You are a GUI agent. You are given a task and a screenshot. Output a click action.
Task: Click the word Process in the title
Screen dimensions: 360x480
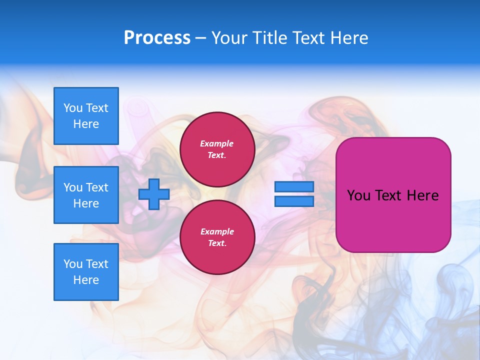tap(157, 38)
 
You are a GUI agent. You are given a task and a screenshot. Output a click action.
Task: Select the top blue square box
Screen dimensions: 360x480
tap(86, 116)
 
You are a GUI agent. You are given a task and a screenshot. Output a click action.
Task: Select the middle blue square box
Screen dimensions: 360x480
tap(86, 195)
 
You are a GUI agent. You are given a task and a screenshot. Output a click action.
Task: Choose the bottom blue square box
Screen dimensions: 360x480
tap(86, 272)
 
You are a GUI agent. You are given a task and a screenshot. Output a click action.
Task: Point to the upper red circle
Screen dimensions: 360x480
tap(217, 149)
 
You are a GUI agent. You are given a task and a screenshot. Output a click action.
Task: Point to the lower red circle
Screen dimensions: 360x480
tap(217, 237)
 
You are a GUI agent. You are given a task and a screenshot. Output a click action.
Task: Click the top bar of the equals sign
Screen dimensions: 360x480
tap(294, 187)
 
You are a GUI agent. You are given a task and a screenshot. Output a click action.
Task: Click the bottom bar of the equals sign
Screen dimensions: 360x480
tap(294, 201)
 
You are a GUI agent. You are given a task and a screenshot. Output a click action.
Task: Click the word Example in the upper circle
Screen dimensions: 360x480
tap(217, 143)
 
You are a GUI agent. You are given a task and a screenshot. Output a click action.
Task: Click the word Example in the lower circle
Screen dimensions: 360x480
tap(217, 231)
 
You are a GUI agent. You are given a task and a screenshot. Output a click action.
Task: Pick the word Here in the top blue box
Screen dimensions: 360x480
tap(86, 124)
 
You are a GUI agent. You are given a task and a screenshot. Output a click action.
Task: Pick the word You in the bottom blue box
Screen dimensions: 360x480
tap(73, 264)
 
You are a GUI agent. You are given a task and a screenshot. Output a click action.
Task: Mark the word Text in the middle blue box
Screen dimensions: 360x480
tap(97, 187)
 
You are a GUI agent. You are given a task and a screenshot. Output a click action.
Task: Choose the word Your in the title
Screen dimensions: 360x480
tap(228, 38)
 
